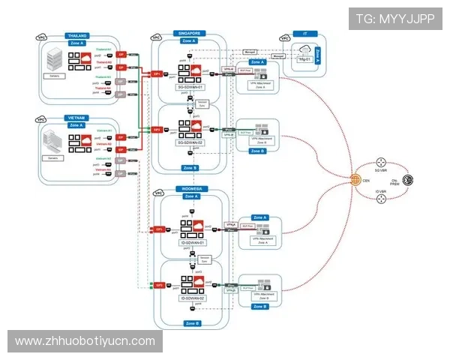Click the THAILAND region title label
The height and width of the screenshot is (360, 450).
(x=77, y=35)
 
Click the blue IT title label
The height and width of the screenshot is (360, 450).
(x=304, y=34)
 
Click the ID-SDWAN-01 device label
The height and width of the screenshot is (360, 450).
(x=192, y=242)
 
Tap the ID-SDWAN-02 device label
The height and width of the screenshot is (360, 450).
(x=192, y=298)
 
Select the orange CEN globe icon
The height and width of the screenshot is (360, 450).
(x=355, y=180)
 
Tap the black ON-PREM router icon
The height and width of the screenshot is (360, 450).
(x=409, y=180)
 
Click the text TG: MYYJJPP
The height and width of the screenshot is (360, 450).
(x=395, y=19)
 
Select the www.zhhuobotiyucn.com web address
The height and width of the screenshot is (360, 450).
(x=85, y=341)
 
